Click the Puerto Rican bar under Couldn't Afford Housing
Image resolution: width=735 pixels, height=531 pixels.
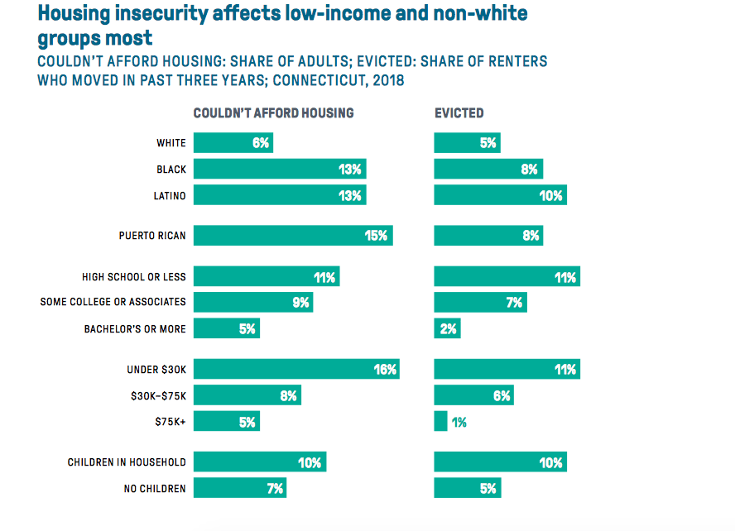tap(293, 236)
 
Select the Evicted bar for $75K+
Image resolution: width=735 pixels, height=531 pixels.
tap(440, 422)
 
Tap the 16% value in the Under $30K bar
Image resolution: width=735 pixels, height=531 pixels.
tap(385, 370)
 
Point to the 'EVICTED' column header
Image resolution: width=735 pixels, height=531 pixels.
tap(459, 113)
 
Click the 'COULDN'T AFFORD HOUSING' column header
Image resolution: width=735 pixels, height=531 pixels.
tap(273, 113)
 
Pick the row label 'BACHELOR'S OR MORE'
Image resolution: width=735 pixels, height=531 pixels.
tap(135, 329)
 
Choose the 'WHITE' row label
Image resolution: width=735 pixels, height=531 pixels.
tap(171, 143)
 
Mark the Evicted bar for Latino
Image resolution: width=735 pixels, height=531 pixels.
tap(500, 195)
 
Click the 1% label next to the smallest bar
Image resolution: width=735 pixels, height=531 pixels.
tap(459, 422)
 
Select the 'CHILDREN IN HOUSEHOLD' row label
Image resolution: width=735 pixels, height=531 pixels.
tap(127, 462)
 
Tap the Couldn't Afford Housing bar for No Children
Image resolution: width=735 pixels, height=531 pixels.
tap(239, 488)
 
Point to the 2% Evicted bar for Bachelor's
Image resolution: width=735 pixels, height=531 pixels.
tap(447, 329)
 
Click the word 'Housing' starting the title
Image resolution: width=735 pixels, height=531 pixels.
tap(74, 13)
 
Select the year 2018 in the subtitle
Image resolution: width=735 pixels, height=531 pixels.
tap(388, 81)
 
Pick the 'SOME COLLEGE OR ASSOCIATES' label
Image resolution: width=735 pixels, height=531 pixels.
tap(113, 302)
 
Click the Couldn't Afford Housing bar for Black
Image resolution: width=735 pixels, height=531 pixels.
tap(280, 170)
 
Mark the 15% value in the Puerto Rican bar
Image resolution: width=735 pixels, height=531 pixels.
tap(376, 236)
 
